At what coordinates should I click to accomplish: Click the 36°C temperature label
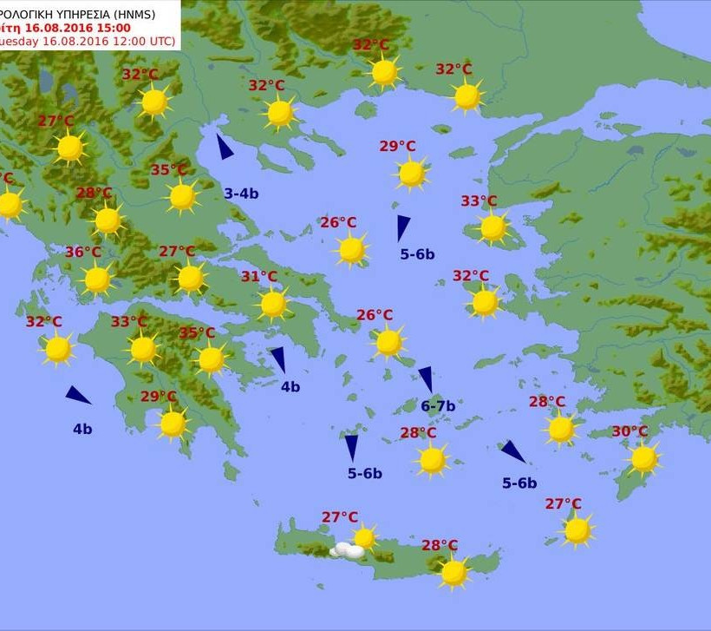[83, 253]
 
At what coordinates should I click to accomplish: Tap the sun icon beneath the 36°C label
[97, 279]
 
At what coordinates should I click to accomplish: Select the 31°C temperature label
[258, 277]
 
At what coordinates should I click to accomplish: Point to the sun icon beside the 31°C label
[273, 304]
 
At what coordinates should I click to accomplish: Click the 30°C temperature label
[629, 431]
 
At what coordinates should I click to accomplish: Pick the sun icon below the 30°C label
[643, 458]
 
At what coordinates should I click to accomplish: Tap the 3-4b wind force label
[241, 194]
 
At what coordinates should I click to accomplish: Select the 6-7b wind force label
[438, 405]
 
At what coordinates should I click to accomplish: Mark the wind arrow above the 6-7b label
[426, 378]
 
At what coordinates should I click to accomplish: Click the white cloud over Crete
[349, 550]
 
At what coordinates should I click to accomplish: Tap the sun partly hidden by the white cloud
[365, 538]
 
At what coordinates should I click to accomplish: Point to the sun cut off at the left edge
[9, 205]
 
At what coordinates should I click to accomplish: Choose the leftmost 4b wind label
[82, 428]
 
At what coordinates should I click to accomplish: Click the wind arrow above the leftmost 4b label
[78, 396]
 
